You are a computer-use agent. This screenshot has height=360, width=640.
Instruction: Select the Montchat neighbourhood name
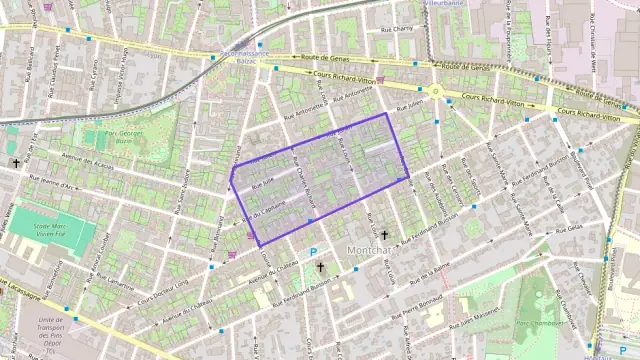pos(367,249)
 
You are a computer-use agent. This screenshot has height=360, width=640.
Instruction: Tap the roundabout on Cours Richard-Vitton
pos(436,91)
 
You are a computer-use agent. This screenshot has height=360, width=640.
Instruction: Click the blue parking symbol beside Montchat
pos(313,252)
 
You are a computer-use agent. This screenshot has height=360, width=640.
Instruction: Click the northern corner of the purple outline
pos(387,114)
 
